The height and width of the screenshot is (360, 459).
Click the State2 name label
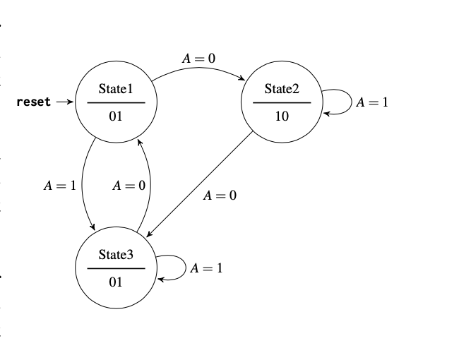[x=282, y=89]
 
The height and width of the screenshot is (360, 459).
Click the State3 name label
[x=116, y=255]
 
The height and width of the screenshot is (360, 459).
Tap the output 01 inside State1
[x=116, y=116]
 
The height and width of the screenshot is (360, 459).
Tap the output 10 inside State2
[x=282, y=116]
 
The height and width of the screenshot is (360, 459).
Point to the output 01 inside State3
[x=116, y=282]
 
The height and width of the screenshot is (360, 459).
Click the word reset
[x=34, y=102]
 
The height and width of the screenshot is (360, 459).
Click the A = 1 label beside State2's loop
[x=371, y=102]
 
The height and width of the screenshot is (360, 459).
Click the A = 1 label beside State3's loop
[x=206, y=268]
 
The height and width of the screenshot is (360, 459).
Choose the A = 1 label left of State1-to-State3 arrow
[x=59, y=186]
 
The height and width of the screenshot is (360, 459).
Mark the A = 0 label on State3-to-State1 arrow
[x=129, y=186]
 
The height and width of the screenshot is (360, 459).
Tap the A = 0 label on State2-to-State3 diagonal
[x=220, y=195]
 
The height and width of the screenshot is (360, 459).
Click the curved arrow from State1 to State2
[x=198, y=71]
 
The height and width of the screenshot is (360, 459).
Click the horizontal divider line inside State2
[x=282, y=103]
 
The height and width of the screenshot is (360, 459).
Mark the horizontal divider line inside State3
[x=116, y=269]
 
